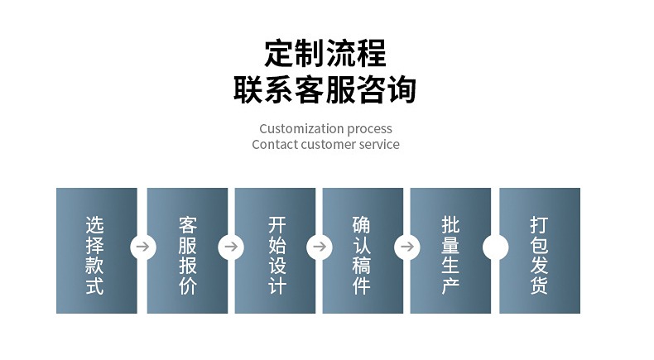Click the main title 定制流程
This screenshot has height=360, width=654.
pos(325,54)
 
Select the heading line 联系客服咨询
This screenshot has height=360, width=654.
pos(325,90)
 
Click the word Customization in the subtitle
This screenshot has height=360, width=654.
pos(301,128)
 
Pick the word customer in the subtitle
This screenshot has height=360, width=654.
pos(331,145)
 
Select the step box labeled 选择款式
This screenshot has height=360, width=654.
pos(96,250)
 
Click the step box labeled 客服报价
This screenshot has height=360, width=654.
pos(188,250)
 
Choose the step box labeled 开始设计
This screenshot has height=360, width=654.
pos(276,250)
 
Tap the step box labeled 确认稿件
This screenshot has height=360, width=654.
pos(363,250)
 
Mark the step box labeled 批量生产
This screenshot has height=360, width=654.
pos(450,250)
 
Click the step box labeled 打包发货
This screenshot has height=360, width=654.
pos(540,250)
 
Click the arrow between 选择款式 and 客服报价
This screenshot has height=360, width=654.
pos(142,247)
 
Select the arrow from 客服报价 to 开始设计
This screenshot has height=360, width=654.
pos(231,247)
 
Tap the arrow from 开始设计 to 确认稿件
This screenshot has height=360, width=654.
pos(319,247)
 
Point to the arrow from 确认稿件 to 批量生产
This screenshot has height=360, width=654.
pos(406,247)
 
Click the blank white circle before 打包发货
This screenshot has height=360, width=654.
pos(495,247)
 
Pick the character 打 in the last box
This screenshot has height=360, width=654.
pos(540,224)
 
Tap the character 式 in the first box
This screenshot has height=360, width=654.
pos(95,286)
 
